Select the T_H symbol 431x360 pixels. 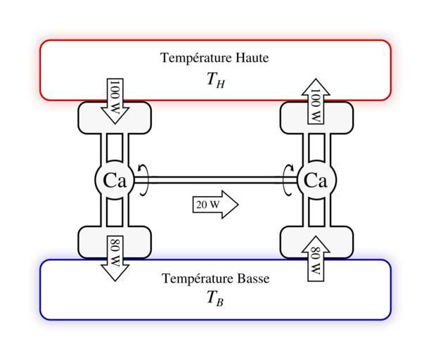(x=216, y=80)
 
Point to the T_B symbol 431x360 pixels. (x=216, y=300)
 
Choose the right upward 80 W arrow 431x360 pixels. (x=316, y=258)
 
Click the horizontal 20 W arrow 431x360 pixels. (x=215, y=205)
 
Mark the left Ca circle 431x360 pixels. (x=115, y=181)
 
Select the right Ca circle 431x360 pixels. (x=316, y=181)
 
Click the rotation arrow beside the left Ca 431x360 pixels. (x=143, y=179)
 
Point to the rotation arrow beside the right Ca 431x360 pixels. (x=288, y=180)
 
